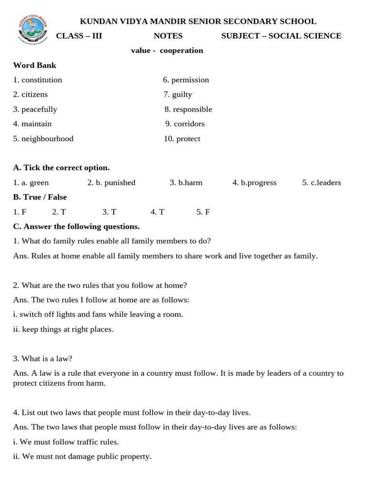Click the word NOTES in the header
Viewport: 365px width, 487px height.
coord(168,36)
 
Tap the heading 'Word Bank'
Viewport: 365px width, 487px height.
coord(35,65)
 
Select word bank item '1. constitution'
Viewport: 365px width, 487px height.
coord(38,80)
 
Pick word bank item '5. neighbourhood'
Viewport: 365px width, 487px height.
coord(43,139)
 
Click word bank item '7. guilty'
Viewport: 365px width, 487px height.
coord(178,95)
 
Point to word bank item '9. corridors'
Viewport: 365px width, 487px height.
coord(185,124)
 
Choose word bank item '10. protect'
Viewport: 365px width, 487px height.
coord(182,139)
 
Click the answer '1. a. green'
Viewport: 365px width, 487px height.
coord(31,183)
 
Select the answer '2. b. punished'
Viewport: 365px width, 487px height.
coord(111,183)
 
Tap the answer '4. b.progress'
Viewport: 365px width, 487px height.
coord(254,183)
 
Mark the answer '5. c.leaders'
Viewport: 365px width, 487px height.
coord(321,183)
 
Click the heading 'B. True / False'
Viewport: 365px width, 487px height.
coord(40,197)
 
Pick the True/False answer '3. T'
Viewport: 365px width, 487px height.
coord(109,212)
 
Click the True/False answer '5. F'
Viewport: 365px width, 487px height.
coord(203,212)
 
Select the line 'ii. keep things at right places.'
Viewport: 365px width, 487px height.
coord(63,329)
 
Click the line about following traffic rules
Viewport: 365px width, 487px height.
coord(66,442)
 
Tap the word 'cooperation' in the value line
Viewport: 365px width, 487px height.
coord(181,51)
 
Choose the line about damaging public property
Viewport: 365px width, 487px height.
coord(82,457)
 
